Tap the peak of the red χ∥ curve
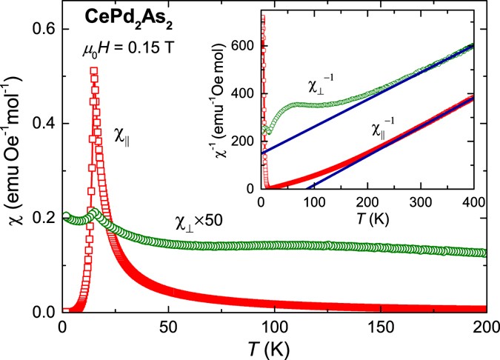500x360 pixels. click(94, 71)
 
